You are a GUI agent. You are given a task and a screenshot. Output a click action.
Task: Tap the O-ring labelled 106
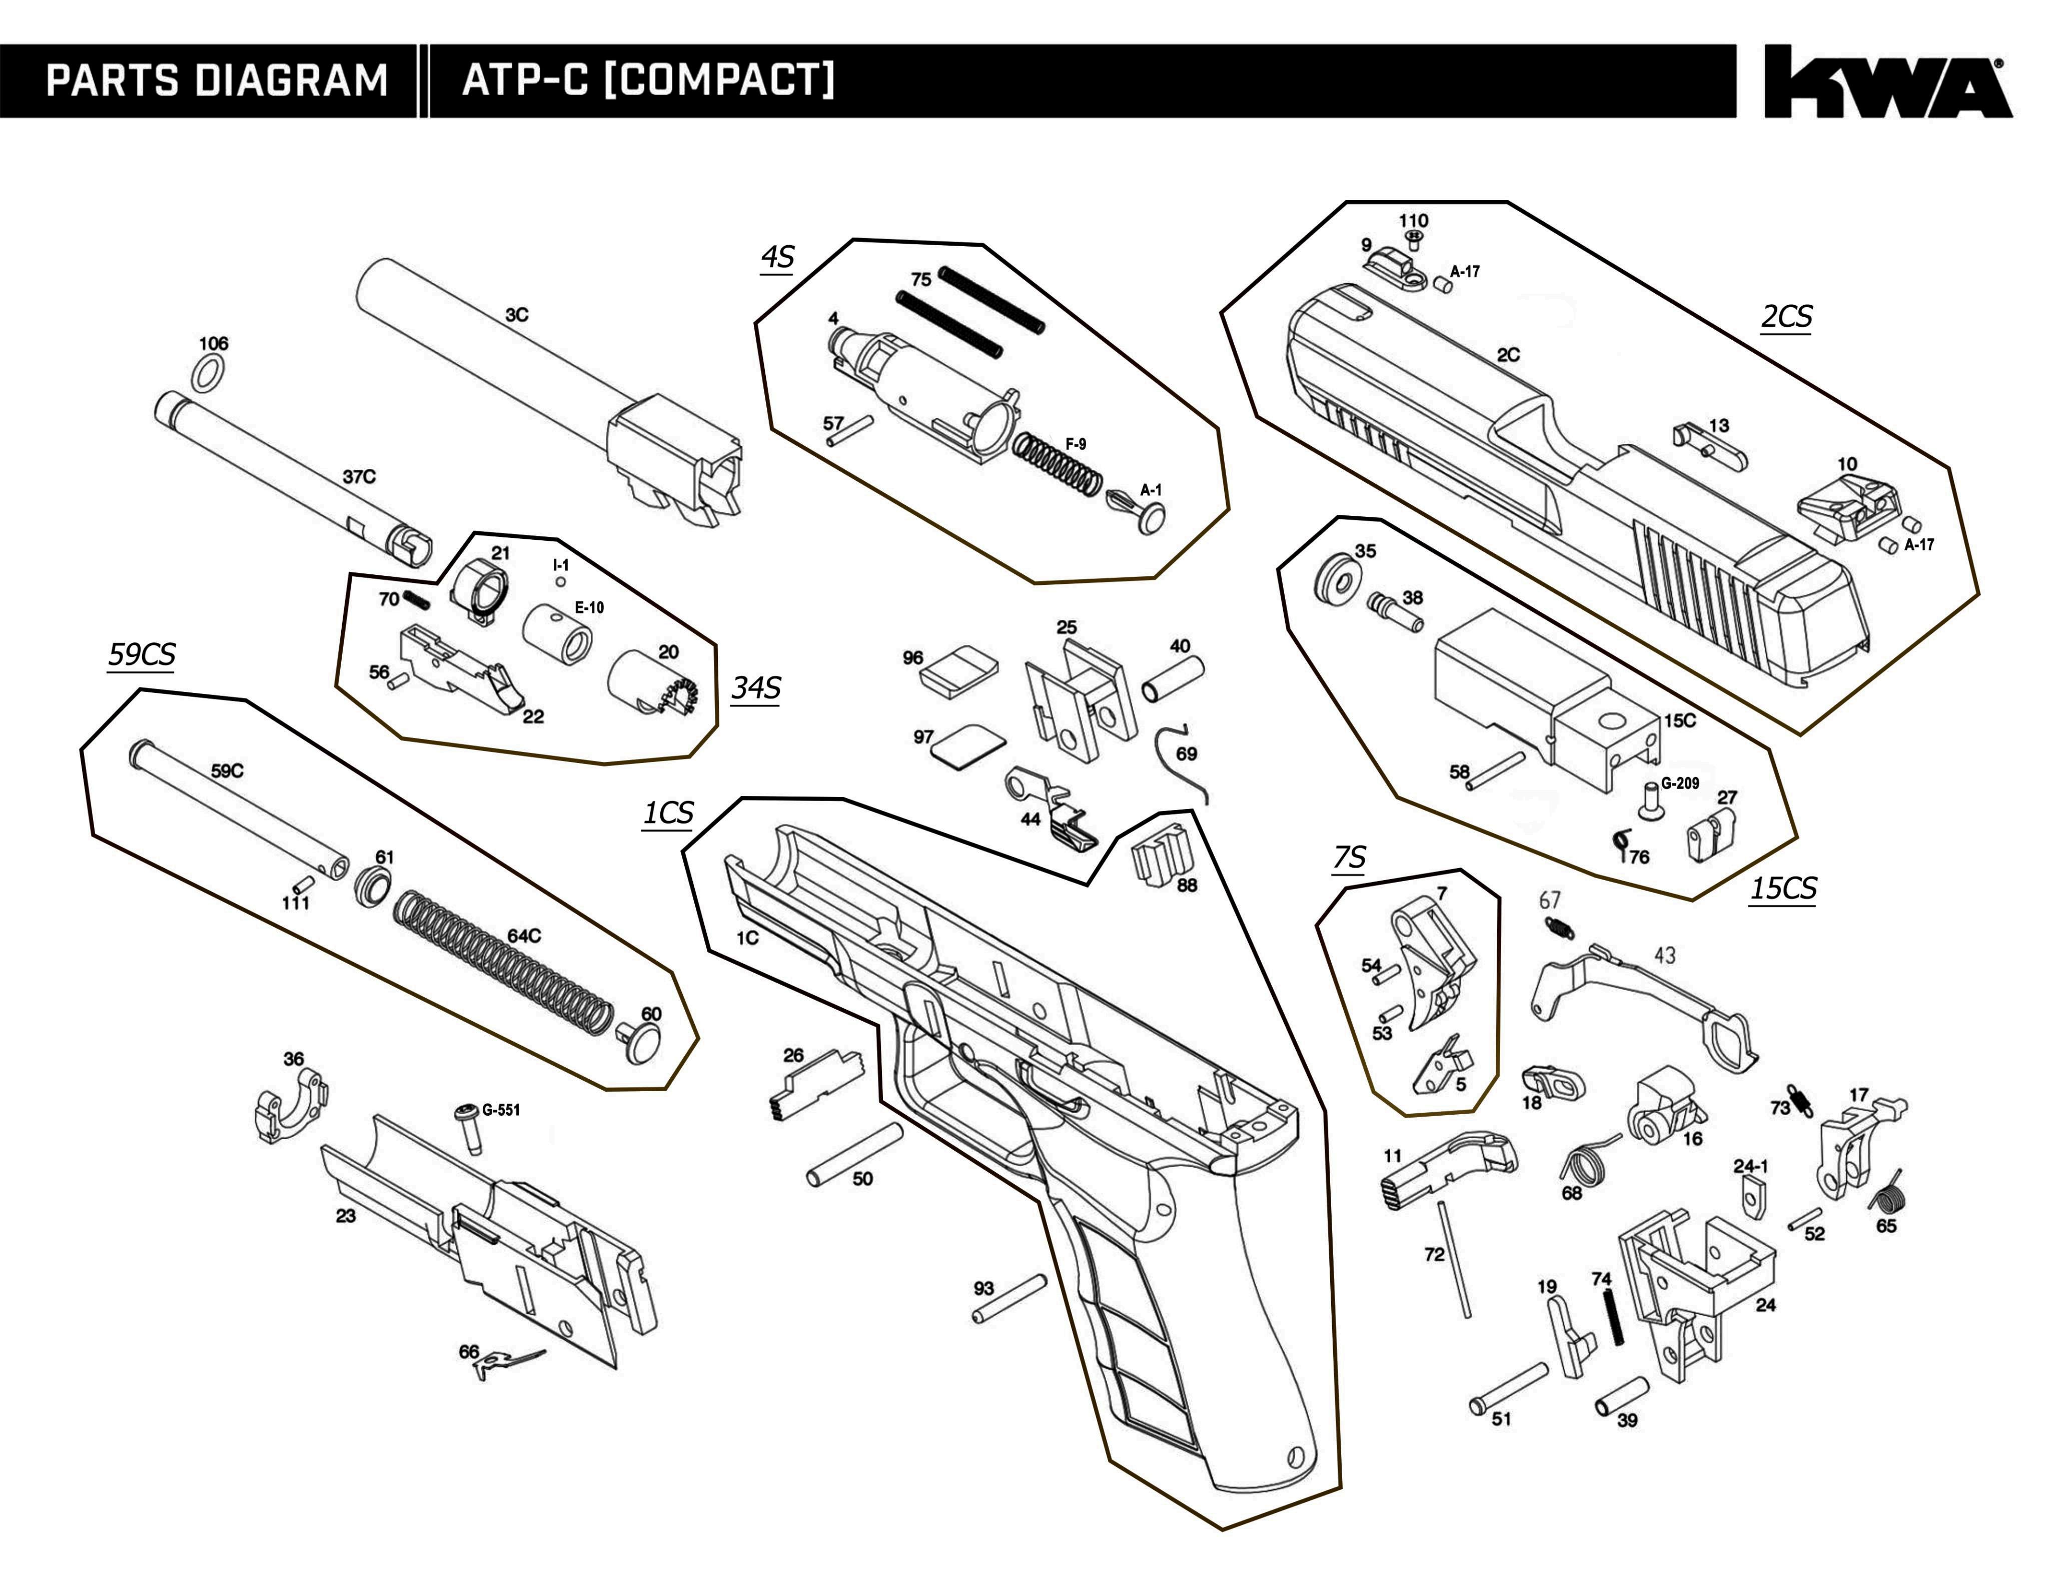pos(210,373)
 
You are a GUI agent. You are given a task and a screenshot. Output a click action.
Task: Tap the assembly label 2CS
pos(1785,317)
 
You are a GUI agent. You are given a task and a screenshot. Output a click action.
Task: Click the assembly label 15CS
pos(1782,888)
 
